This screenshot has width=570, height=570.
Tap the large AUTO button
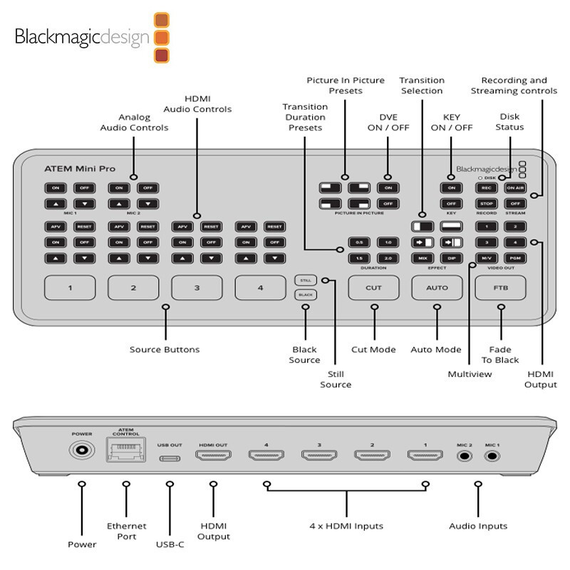(437, 288)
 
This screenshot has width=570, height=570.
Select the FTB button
(500, 288)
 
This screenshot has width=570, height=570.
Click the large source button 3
(196, 288)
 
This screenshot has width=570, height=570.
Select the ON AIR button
(514, 188)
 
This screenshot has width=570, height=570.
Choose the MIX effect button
(422, 257)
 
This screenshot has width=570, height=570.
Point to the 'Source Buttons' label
(165, 350)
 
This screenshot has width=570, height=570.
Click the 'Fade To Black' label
(501, 355)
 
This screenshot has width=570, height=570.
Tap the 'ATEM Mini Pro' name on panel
(80, 169)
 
